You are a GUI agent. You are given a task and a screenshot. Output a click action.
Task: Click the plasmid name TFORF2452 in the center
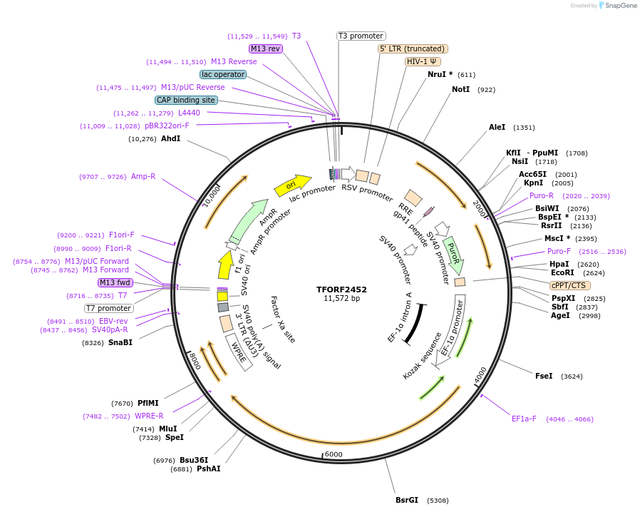[x=341, y=290]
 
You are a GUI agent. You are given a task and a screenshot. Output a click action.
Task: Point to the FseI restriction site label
[x=544, y=376]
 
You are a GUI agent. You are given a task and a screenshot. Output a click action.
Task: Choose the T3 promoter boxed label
[x=361, y=36]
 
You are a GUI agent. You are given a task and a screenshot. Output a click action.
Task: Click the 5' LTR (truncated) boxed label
[x=413, y=48]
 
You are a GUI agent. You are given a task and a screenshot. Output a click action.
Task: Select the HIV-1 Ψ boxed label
[x=423, y=61]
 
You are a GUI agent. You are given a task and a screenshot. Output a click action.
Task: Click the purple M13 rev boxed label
[x=266, y=48]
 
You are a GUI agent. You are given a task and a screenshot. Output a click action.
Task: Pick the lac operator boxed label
[x=223, y=74]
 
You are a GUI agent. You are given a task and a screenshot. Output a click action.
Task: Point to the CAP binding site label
[x=186, y=100]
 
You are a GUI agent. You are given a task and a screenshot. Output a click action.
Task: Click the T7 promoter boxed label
[x=109, y=308]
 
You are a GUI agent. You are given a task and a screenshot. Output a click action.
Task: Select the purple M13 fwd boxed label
[x=115, y=282]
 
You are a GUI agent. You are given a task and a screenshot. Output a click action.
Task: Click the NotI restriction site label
[x=461, y=90]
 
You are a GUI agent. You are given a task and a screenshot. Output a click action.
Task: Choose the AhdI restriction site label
[x=171, y=138]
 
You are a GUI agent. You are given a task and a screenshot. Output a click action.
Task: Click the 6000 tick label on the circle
[x=334, y=455]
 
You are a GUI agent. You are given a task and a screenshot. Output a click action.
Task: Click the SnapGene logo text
[x=617, y=6]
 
